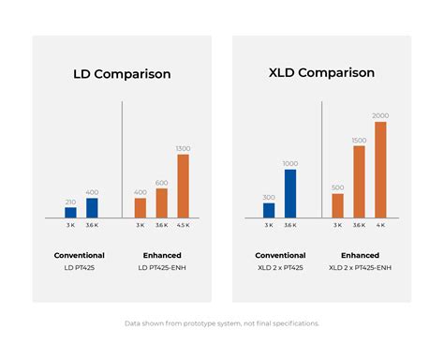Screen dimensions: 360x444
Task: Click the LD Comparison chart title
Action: click(122, 74)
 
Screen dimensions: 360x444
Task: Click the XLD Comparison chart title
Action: click(321, 72)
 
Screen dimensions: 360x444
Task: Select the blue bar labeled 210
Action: click(71, 213)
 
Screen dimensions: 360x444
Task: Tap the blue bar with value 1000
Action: click(290, 194)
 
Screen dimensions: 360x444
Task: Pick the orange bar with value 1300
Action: click(183, 186)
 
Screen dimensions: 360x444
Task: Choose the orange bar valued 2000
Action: click(380, 170)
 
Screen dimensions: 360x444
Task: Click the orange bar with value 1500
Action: click(359, 182)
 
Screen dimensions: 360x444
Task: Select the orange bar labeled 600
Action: click(161, 203)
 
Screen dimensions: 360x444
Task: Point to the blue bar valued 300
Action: click(269, 211)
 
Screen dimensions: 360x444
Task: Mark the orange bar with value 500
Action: click(337, 206)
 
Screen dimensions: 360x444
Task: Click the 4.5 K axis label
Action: click(183, 226)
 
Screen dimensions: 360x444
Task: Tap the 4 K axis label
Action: click(380, 226)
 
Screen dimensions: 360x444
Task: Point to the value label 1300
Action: click(183, 148)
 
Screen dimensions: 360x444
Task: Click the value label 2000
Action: click(380, 116)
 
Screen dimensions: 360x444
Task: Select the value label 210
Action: click(71, 202)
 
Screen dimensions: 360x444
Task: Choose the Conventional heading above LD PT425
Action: click(80, 255)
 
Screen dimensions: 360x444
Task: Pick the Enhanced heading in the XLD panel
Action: click(360, 255)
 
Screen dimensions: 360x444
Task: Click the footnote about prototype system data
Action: click(222, 323)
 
